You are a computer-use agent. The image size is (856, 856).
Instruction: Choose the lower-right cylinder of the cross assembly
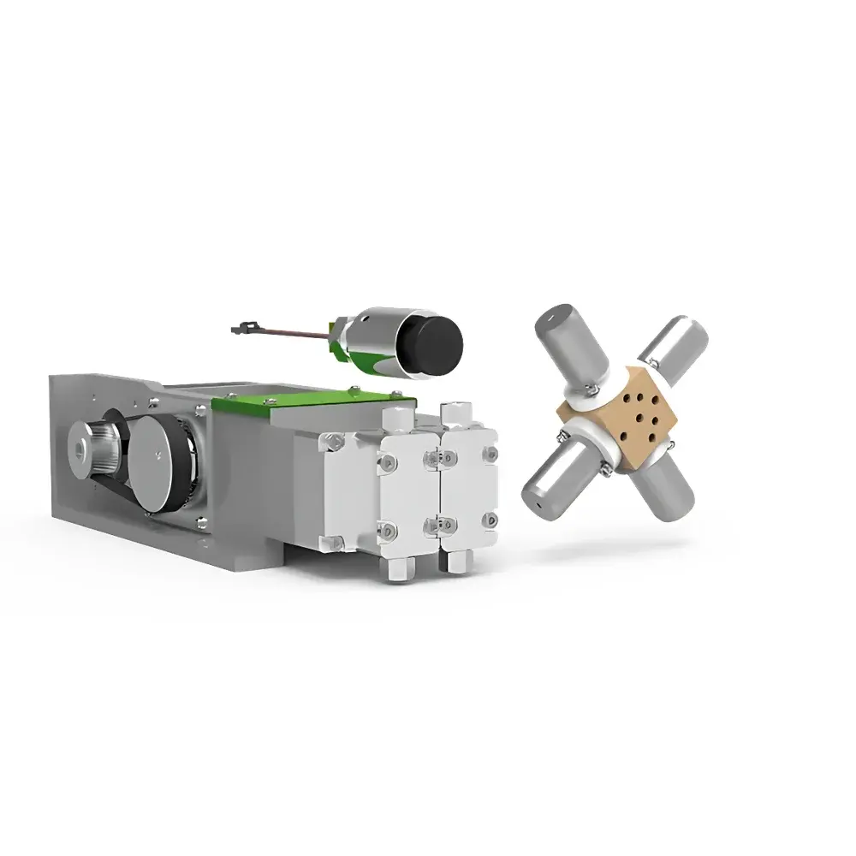[668, 488]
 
